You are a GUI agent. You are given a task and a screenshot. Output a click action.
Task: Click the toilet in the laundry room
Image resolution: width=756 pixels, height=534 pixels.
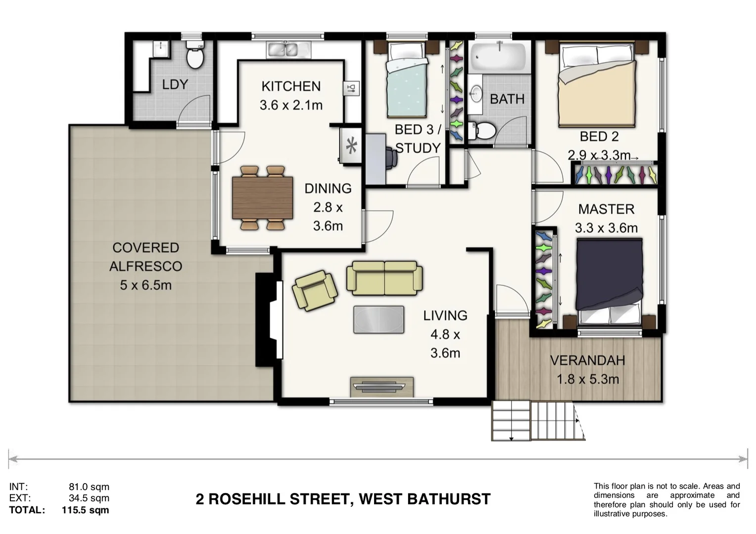[x=195, y=55]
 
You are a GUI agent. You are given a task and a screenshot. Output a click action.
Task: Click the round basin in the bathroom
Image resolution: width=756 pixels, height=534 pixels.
[x=476, y=93]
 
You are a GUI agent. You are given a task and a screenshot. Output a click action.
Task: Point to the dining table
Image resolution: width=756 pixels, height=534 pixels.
[x=263, y=198]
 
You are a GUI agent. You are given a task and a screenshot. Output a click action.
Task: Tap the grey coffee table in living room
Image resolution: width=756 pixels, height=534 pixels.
[x=378, y=319]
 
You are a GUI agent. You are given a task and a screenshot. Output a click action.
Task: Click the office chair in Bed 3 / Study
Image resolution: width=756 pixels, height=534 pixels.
[x=391, y=158]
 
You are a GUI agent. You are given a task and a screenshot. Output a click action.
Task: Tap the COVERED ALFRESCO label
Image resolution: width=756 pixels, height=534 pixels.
[x=145, y=257]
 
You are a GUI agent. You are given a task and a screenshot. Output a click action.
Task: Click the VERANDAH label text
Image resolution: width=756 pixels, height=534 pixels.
[x=587, y=360]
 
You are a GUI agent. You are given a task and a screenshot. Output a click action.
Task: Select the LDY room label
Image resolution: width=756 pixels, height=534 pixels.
[x=175, y=85]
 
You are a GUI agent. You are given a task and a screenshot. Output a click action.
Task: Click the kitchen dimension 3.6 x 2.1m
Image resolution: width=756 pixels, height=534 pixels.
[x=291, y=105]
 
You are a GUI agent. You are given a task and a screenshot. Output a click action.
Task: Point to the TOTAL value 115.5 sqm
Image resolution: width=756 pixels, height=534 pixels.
[x=85, y=510]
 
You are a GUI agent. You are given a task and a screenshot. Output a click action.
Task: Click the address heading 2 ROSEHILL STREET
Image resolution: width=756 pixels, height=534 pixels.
[x=343, y=499]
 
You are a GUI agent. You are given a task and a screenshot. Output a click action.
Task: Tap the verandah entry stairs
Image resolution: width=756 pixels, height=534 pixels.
[x=537, y=421]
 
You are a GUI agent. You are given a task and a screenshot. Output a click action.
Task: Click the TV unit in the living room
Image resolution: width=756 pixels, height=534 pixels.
[x=381, y=387]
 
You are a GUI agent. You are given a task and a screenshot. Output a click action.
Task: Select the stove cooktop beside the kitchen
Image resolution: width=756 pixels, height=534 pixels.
[x=351, y=145]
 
